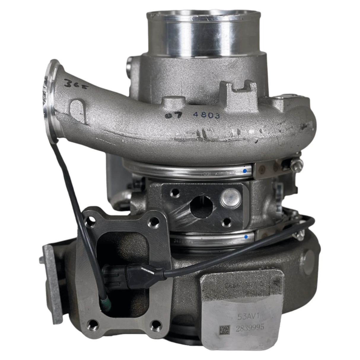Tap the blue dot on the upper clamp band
tap(245, 171)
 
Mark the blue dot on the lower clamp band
tap(246, 237)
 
